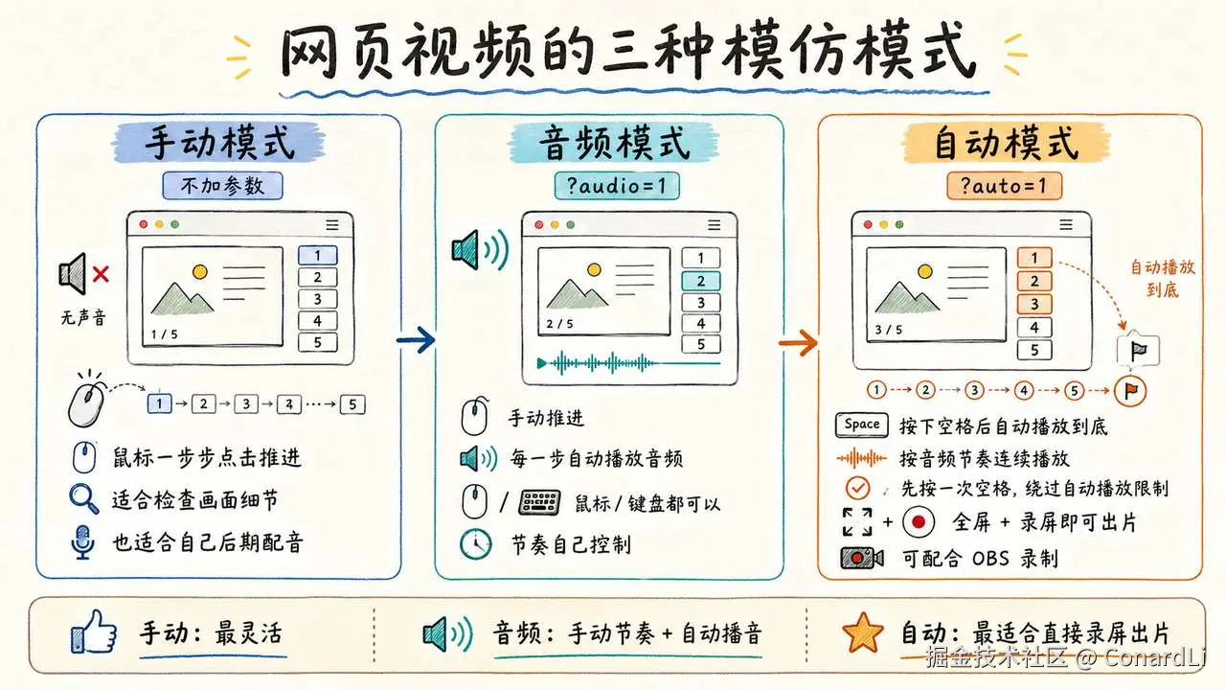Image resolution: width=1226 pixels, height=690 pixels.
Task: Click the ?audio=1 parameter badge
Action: (617, 186)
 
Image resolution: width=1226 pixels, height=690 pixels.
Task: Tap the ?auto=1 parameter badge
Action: (1005, 186)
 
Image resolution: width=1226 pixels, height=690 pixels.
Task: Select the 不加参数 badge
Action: (223, 186)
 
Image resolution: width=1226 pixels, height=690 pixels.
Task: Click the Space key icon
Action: (861, 425)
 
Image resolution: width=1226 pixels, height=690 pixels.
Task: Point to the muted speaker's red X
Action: (101, 274)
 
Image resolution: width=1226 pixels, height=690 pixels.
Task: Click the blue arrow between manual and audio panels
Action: (416, 340)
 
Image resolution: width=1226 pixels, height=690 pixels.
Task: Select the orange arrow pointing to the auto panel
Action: (798, 343)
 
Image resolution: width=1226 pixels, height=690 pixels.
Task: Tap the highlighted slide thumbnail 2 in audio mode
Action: (701, 281)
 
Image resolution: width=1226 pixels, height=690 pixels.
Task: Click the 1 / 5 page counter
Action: (164, 334)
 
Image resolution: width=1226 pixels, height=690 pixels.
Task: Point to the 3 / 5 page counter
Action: (888, 330)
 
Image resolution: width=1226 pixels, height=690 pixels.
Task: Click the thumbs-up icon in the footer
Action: (94, 632)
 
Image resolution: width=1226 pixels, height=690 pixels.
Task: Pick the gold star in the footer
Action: (863, 632)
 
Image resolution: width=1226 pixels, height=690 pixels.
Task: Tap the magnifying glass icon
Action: (83, 498)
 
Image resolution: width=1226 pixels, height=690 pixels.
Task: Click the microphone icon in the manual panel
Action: (82, 542)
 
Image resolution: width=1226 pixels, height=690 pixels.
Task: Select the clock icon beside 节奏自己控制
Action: (475, 544)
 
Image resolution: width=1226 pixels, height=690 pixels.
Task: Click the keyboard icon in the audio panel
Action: (539, 503)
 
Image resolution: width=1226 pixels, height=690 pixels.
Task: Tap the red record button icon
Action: (919, 522)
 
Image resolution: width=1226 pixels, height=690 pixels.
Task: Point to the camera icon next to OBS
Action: (862, 558)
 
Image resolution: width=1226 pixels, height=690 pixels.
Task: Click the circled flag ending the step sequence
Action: (1130, 391)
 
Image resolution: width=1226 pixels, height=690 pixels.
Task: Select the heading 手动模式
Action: (219, 143)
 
